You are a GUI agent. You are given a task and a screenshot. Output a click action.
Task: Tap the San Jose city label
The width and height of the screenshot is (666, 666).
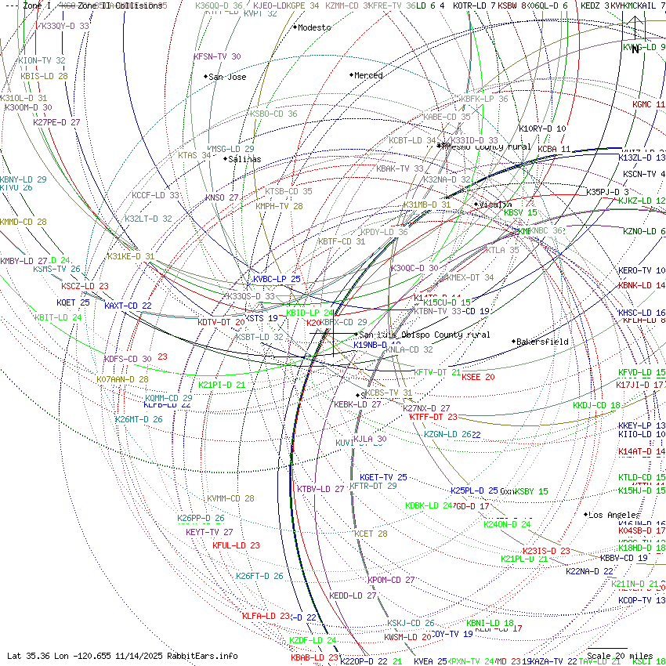click(x=228, y=77)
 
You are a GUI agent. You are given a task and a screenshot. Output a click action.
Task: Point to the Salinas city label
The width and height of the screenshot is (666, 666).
click(x=245, y=159)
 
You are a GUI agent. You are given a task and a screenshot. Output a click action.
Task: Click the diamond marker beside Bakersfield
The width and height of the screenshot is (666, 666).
click(x=514, y=342)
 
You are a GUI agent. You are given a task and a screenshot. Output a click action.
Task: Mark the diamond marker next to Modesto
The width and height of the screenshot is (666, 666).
click(x=295, y=27)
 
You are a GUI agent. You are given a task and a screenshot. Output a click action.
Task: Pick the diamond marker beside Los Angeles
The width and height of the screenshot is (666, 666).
click(x=586, y=515)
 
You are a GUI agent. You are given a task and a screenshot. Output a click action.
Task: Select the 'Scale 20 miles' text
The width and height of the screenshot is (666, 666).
click(x=620, y=656)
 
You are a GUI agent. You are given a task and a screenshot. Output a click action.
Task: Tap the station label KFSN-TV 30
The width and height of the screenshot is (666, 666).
click(x=217, y=56)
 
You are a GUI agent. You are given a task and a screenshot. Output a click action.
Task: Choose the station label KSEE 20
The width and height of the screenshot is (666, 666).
click(x=478, y=377)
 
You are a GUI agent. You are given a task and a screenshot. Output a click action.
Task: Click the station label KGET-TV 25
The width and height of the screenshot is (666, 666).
click(x=383, y=477)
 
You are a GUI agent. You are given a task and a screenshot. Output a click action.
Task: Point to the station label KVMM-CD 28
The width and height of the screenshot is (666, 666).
click(x=230, y=498)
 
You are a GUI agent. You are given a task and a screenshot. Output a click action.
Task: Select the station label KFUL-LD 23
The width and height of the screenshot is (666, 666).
click(x=236, y=545)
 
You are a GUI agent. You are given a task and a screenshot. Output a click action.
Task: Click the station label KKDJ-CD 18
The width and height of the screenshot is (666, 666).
click(x=596, y=406)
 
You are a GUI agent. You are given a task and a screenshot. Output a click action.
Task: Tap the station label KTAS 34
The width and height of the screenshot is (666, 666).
click(x=194, y=155)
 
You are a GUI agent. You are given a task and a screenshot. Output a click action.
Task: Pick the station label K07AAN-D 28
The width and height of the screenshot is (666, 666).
click(x=122, y=379)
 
